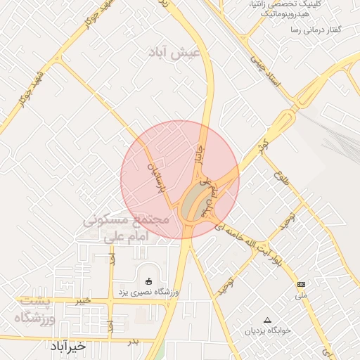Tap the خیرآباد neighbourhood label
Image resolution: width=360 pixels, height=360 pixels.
tap(68, 346)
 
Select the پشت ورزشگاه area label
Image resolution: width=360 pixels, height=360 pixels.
tap(34, 309)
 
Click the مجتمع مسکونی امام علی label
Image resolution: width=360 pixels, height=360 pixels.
tap(127, 228)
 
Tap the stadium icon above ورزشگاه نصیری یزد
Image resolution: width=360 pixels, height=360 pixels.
tap(148, 281)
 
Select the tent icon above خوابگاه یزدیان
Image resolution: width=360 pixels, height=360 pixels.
tap(266, 320)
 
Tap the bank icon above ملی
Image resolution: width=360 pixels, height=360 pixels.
tap(301, 283)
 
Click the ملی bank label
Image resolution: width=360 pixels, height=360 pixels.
tap(302, 296)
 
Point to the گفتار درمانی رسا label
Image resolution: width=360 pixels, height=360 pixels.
tap(316, 30)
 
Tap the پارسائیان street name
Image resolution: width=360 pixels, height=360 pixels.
tap(155, 172)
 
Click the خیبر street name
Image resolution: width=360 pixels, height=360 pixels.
tap(84, 300)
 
